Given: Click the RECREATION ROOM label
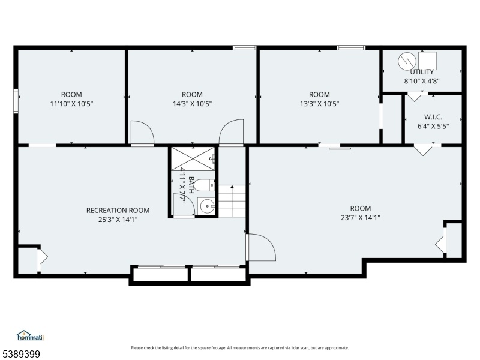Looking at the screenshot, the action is tap(118, 211).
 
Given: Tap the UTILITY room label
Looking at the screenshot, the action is tap(422, 72).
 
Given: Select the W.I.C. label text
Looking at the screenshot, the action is tap(433, 117).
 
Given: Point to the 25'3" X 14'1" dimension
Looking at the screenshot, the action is tap(118, 220).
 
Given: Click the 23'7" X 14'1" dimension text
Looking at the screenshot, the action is tap(361, 218).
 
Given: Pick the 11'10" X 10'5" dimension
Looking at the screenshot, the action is tap(71, 104).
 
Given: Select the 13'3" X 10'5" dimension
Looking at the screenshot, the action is tap(319, 104).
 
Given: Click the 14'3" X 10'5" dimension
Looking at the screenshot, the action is tap(192, 104).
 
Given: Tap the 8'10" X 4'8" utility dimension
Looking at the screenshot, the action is tap(422, 81).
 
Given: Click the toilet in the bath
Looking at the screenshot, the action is tap(205, 185).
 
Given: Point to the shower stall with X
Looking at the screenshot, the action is tap(193, 158).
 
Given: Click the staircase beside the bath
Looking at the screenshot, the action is tap(232, 201).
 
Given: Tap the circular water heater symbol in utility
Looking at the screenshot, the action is tap(407, 61).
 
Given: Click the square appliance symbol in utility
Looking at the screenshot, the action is tap(427, 61).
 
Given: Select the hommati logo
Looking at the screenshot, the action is tap(31, 335).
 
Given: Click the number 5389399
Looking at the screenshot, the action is tap(20, 354).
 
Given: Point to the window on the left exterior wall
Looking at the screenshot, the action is tap(16, 101).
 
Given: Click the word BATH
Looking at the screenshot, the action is tap(191, 185).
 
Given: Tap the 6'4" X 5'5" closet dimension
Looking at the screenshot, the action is tap(433, 126).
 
